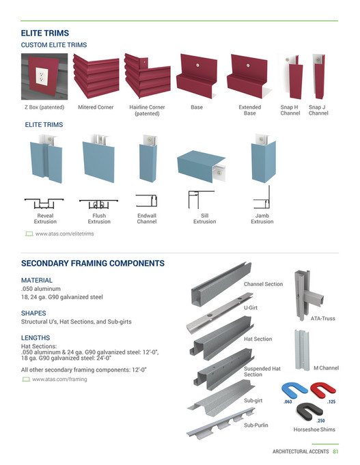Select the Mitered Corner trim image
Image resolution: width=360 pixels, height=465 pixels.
click(x=95, y=76)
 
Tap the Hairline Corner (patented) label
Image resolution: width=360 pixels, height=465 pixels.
click(x=147, y=110)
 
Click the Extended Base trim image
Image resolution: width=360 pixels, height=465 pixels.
click(x=250, y=76)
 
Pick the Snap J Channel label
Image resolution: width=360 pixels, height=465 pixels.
click(x=318, y=110)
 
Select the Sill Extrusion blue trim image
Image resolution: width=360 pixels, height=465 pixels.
click(x=200, y=166)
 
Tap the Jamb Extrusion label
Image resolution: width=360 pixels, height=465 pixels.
click(x=262, y=219)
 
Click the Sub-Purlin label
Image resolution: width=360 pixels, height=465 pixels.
click(x=255, y=425)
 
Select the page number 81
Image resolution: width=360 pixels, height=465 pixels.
click(x=336, y=451)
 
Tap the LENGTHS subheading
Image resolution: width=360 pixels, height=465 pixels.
click(x=37, y=337)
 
